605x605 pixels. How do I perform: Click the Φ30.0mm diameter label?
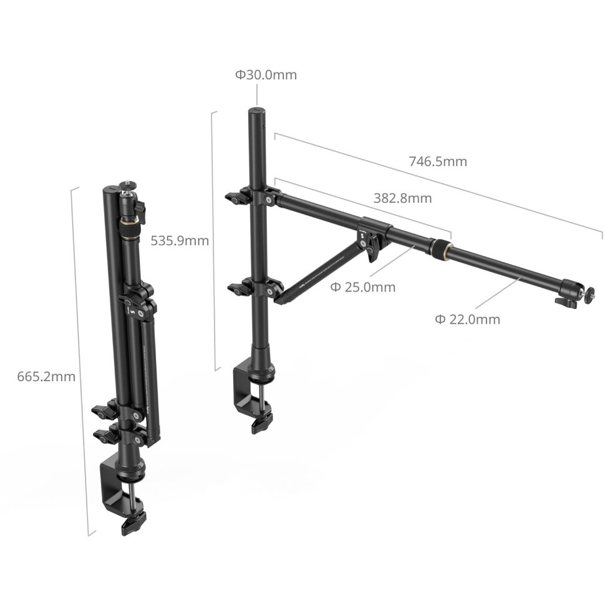[x=266, y=75]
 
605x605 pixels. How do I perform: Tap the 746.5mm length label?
[x=437, y=162]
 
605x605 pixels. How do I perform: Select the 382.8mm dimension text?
[x=402, y=199]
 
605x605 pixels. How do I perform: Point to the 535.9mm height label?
[x=180, y=240]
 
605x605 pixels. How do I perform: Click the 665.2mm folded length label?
[x=46, y=377]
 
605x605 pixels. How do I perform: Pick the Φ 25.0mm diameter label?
[x=362, y=287]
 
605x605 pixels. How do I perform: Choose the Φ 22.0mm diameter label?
[x=467, y=319]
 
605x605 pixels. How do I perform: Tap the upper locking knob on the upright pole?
[x=236, y=199]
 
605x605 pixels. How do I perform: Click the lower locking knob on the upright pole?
[x=238, y=289]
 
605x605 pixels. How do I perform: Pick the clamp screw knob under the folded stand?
[x=133, y=523]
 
